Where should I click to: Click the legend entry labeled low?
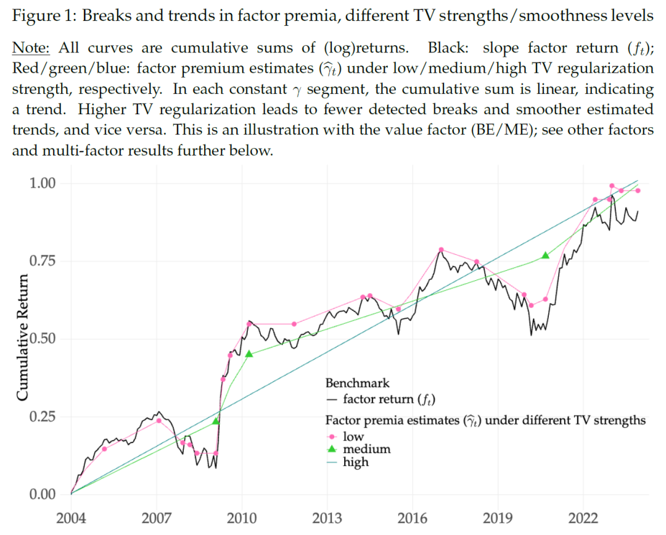(x=353, y=437)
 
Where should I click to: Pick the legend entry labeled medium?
(x=366, y=449)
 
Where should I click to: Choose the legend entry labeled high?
(x=356, y=461)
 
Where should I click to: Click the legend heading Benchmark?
(x=358, y=383)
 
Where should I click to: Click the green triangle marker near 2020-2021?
(x=545, y=255)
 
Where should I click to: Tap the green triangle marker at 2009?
(x=216, y=421)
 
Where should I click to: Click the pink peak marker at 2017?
(x=441, y=250)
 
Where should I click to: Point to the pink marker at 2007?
(x=158, y=421)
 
